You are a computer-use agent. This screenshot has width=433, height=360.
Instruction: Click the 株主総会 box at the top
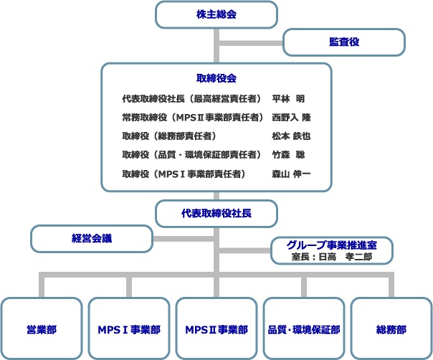(x=217, y=14)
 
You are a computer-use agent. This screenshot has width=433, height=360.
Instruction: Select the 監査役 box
(x=344, y=42)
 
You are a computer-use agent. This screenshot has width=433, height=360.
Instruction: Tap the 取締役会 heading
(x=217, y=78)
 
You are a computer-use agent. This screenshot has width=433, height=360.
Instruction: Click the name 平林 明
(x=288, y=99)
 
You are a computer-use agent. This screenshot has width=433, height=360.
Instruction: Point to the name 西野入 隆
(x=291, y=118)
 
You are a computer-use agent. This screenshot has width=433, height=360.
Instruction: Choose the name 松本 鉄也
(x=291, y=136)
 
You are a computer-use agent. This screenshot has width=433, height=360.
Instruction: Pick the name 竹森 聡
(x=288, y=154)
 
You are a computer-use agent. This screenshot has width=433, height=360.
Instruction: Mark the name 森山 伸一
(x=291, y=174)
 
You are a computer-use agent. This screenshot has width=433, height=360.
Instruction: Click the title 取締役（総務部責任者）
(x=169, y=136)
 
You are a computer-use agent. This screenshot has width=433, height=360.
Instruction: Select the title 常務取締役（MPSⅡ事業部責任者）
(x=193, y=118)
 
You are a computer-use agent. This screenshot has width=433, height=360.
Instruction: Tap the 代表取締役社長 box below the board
(x=217, y=214)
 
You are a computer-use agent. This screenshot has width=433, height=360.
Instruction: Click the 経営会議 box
(x=92, y=238)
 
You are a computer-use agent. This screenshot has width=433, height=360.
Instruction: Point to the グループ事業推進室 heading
(x=332, y=245)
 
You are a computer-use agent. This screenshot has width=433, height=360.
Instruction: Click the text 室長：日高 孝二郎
(x=332, y=257)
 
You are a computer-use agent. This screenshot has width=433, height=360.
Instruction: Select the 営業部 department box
(x=42, y=328)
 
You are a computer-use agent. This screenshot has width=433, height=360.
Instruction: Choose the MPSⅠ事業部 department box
(x=129, y=328)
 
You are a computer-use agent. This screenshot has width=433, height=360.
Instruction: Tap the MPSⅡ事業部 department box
(x=217, y=328)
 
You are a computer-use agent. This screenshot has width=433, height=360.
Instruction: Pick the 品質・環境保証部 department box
(x=304, y=328)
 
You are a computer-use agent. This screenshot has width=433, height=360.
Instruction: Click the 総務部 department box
(x=391, y=328)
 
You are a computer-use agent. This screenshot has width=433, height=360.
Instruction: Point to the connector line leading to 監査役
(x=251, y=43)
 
